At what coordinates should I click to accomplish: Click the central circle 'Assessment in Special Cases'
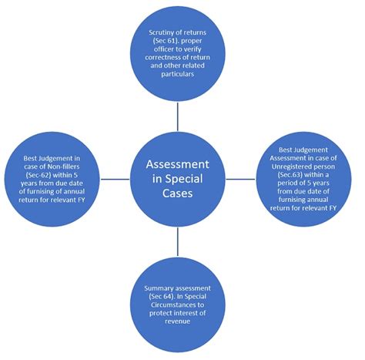tap(178, 180)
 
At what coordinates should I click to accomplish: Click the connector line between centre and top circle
tap(179, 116)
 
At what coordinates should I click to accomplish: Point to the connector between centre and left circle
tap(116, 179)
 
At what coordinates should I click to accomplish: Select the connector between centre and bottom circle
tap(179, 245)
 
